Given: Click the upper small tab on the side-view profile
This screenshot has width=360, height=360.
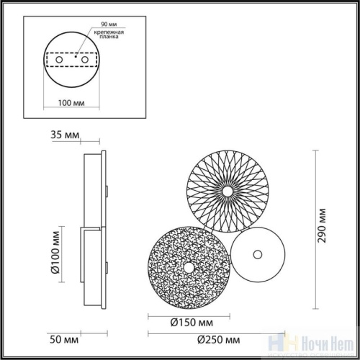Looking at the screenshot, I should pos(106,191).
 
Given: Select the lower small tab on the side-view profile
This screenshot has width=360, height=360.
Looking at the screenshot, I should pos(106,268).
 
